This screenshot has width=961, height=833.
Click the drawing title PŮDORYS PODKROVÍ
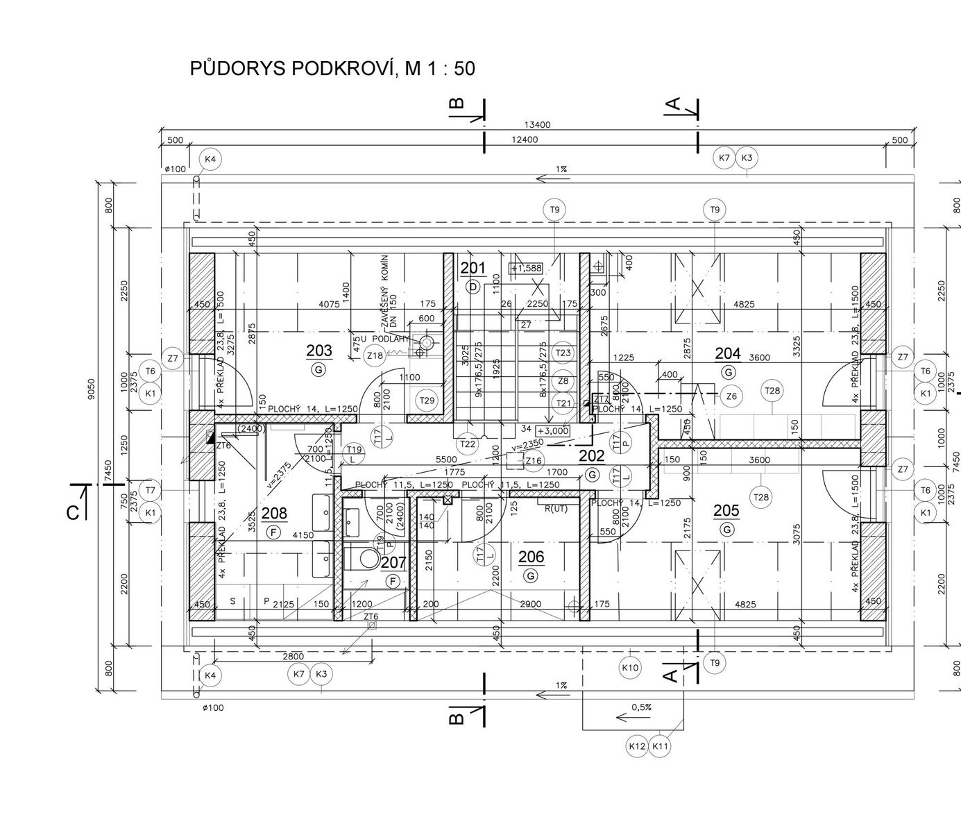click(x=332, y=69)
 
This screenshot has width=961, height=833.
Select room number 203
click(x=319, y=351)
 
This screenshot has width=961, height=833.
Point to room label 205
click(x=726, y=511)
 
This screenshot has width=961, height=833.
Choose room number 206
click(x=531, y=557)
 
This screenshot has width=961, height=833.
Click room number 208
click(x=274, y=514)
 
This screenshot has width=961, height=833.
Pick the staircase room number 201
click(x=473, y=268)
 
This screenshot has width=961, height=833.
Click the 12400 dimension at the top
click(x=524, y=140)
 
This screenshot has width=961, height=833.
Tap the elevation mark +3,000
click(x=552, y=430)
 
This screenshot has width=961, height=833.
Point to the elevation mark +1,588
click(x=526, y=268)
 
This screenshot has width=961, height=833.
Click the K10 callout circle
click(x=630, y=668)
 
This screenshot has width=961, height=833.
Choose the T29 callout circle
click(x=427, y=400)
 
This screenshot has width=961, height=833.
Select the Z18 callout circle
click(x=375, y=356)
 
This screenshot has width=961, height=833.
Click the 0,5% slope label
click(x=641, y=707)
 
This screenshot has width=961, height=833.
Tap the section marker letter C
click(x=72, y=512)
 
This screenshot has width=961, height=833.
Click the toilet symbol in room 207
click(x=366, y=559)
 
